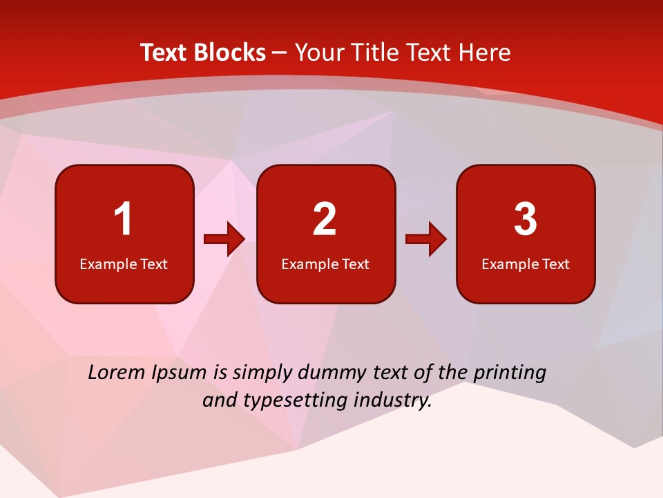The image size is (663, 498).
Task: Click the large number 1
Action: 123,219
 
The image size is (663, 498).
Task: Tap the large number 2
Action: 325,219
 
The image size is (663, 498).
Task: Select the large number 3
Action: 526,219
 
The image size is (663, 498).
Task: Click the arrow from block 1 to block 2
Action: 224,239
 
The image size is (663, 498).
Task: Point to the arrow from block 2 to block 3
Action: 426,239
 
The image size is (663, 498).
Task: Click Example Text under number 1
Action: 124,264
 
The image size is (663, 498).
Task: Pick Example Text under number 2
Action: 325,264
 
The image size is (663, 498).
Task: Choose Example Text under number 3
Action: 526,264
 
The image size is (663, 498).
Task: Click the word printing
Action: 510,373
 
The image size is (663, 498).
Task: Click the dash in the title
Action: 280,53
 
